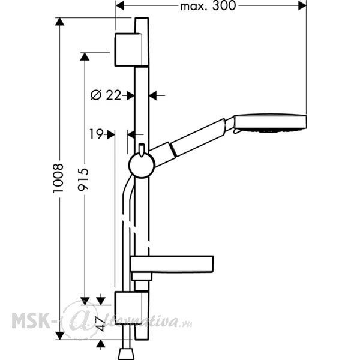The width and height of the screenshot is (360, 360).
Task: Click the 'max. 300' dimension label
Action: pyautogui.click(x=208, y=6)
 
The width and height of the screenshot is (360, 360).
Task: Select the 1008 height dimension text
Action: pyautogui.click(x=58, y=178)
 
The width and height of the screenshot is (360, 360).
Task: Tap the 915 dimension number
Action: pyautogui.click(x=83, y=179)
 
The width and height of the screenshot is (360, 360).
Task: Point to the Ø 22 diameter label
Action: pyautogui.click(x=106, y=95)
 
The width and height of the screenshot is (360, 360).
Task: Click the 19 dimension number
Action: pyautogui.click(x=97, y=134)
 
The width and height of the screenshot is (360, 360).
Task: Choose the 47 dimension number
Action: pyautogui.click(x=101, y=324)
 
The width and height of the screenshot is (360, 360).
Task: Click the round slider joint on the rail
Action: pyautogui.click(x=142, y=166)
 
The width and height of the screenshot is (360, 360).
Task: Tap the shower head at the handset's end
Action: pyautogui.click(x=270, y=124)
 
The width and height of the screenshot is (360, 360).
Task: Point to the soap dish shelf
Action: pyautogui.click(x=172, y=264)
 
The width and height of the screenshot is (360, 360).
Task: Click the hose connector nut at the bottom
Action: pyautogui.click(x=126, y=354)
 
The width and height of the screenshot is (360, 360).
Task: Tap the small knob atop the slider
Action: pyautogui.click(x=142, y=150)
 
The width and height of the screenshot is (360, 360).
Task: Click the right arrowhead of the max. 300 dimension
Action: pyautogui.click(x=302, y=5)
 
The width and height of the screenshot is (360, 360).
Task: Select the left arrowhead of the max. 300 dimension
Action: pyautogui.click(x=120, y=5)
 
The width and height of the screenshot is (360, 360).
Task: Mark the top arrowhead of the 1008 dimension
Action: pyautogui.click(x=59, y=22)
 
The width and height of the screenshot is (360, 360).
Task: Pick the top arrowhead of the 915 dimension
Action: pyautogui.click(x=85, y=57)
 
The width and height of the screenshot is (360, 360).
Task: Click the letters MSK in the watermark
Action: pyautogui.click(x=31, y=320)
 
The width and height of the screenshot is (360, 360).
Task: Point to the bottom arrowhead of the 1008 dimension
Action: pyautogui.click(x=59, y=335)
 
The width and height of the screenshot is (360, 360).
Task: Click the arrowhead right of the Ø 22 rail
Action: pyautogui.click(x=153, y=95)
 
